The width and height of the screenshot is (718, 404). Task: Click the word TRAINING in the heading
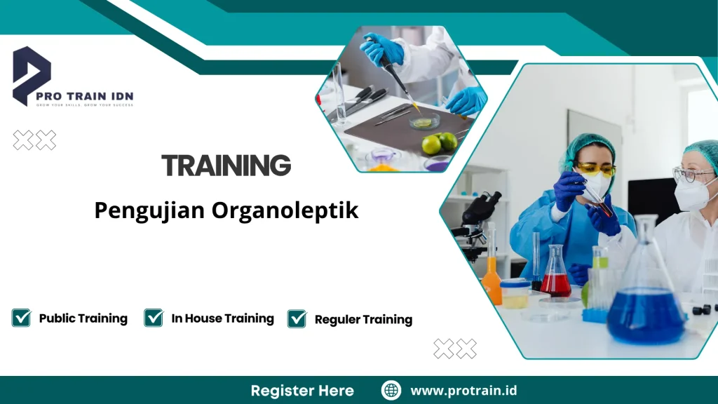pyautogui.click(x=226, y=166)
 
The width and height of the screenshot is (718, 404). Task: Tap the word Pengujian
pyautogui.click(x=142, y=211)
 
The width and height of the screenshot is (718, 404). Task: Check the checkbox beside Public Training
pyautogui.click(x=21, y=318)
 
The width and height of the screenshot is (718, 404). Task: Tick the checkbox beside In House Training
pyautogui.click(x=154, y=318)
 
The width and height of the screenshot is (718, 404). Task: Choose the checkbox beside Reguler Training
pyautogui.click(x=297, y=318)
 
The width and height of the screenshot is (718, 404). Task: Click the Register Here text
pyautogui.click(x=302, y=391)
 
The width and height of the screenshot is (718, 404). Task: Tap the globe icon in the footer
pyautogui.click(x=391, y=390)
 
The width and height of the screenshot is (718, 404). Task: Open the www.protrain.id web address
pyautogui.click(x=463, y=391)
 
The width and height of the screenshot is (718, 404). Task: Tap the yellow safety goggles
pyautogui.click(x=595, y=170)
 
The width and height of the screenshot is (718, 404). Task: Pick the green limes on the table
pyautogui.click(x=440, y=143)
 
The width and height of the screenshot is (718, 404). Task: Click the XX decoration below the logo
pyautogui.click(x=34, y=140)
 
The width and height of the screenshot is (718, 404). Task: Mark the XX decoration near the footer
pyautogui.click(x=454, y=349)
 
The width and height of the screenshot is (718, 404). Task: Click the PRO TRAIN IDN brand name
pyautogui.click(x=94, y=96)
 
